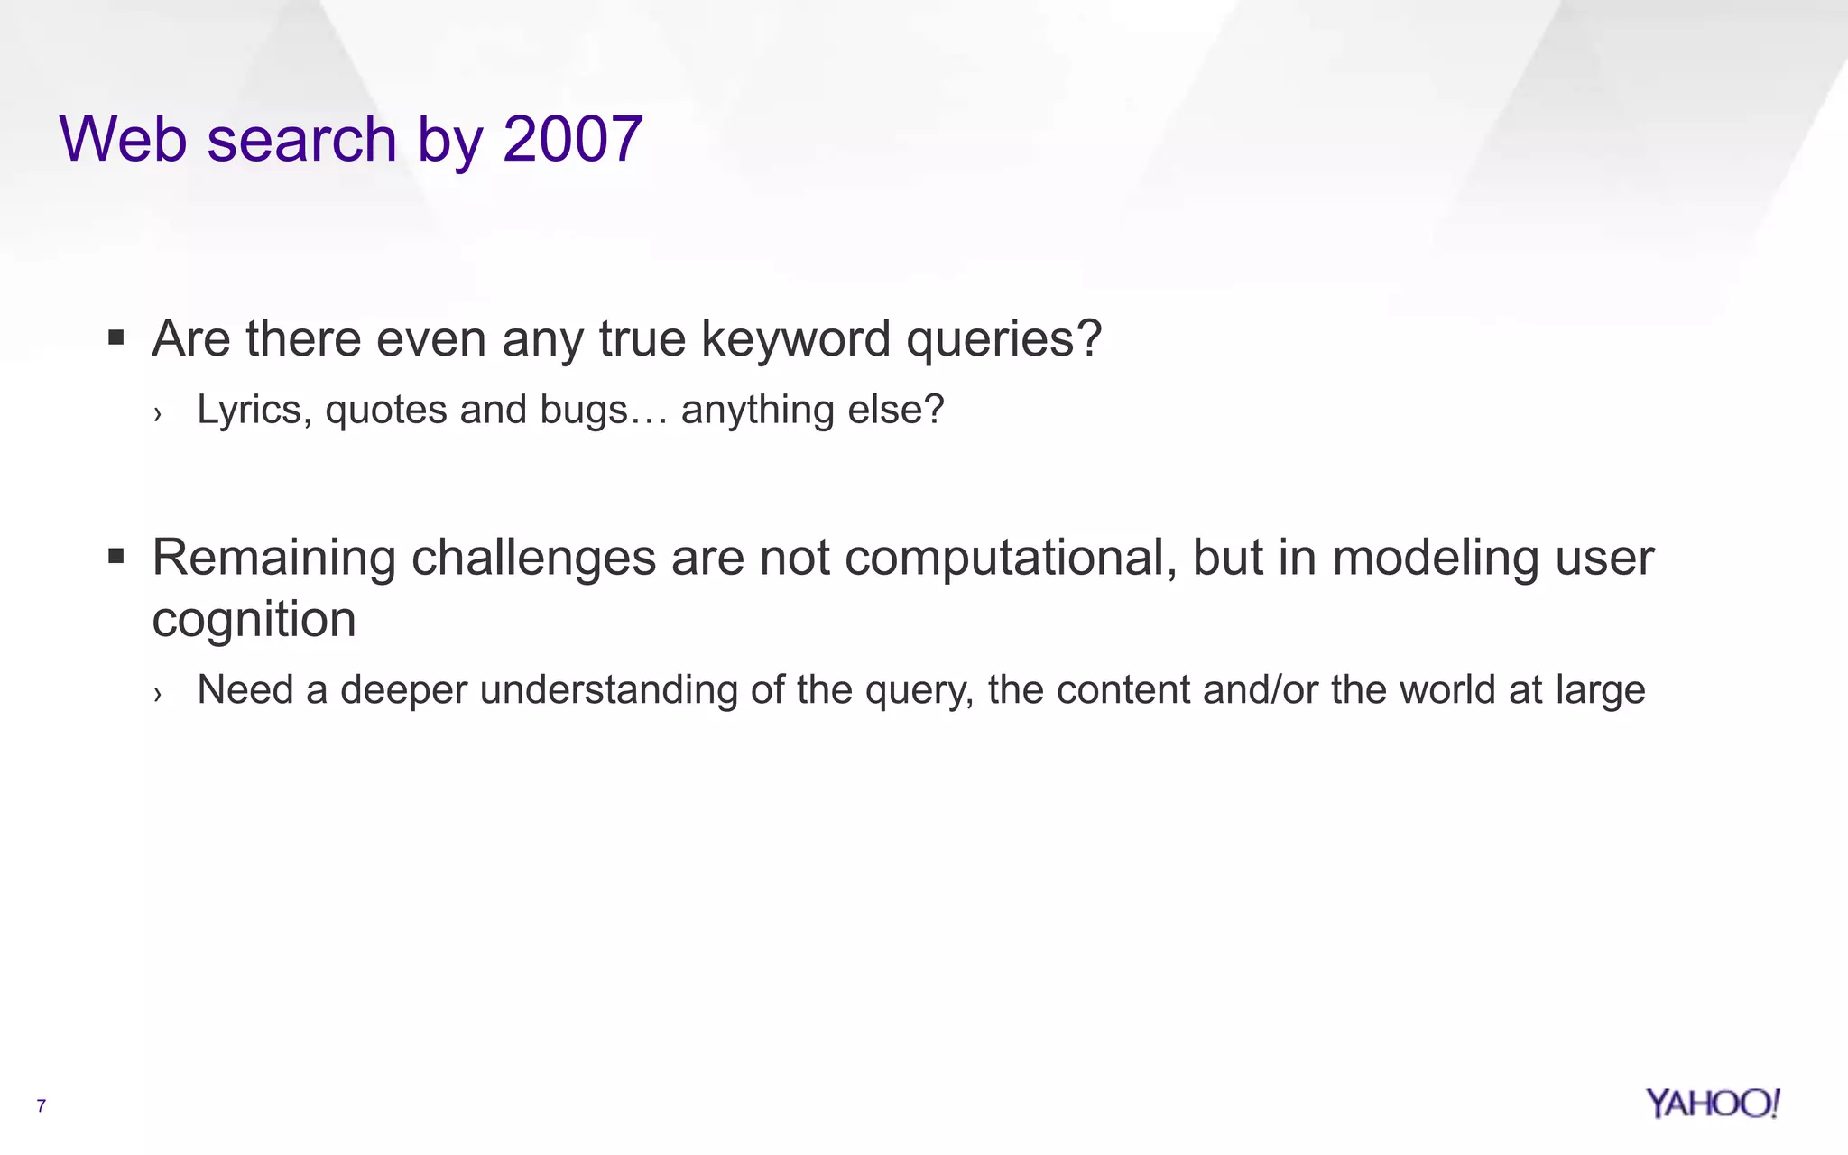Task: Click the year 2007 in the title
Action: (x=572, y=139)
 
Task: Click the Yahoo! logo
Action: (x=1712, y=1104)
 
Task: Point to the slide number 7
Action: (x=41, y=1105)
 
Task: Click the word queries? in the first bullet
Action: (x=1003, y=341)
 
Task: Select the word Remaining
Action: (x=273, y=559)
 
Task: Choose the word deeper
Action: (x=403, y=691)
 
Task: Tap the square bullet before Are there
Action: (x=115, y=338)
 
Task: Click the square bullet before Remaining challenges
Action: (x=115, y=556)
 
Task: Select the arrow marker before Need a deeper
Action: (x=158, y=693)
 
